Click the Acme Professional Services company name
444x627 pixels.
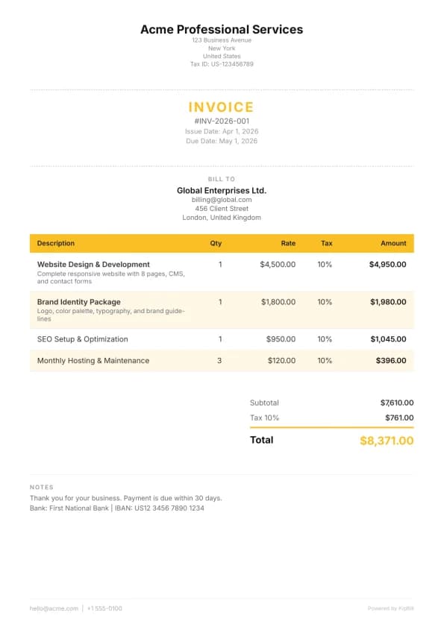pyautogui.click(x=222, y=30)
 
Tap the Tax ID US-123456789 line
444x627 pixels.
pyautogui.click(x=222, y=64)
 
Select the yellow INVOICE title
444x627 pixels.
pyautogui.click(x=222, y=107)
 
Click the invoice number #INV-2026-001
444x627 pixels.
pyautogui.click(x=222, y=121)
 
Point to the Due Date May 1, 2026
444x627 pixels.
pyautogui.click(x=222, y=141)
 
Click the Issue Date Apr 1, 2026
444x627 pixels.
pyautogui.click(x=222, y=131)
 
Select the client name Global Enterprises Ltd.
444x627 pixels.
pyautogui.click(x=222, y=191)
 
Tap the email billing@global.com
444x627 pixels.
pyautogui.click(x=222, y=200)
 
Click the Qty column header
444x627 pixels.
pyautogui.click(x=216, y=243)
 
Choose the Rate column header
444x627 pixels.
pyautogui.click(x=288, y=243)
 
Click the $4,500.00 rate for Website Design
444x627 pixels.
pyautogui.click(x=278, y=264)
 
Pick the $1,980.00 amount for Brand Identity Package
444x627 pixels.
pyautogui.click(x=388, y=302)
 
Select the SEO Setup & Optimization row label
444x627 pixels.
pyautogui.click(x=83, y=339)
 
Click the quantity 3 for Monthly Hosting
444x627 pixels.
pyautogui.click(x=219, y=361)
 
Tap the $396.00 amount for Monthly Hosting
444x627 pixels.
pyautogui.click(x=393, y=361)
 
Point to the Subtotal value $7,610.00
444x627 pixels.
pyautogui.click(x=396, y=403)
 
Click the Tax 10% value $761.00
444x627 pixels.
pyautogui.click(x=399, y=418)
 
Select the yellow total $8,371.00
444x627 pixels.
pyautogui.click(x=387, y=441)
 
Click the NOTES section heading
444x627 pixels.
pyautogui.click(x=42, y=487)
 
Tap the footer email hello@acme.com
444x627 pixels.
pyautogui.click(x=54, y=608)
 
